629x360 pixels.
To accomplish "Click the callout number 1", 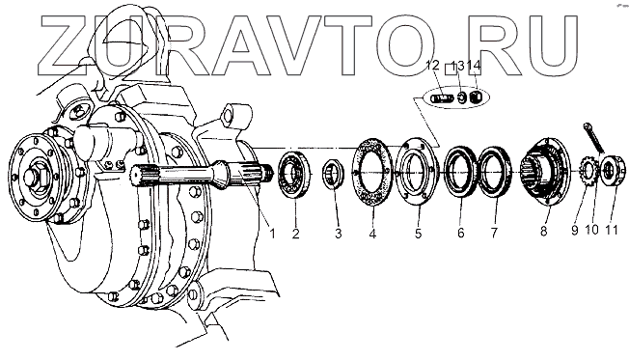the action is [x=272, y=233].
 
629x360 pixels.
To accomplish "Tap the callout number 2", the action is [x=295, y=233].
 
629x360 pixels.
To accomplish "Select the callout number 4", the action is [x=372, y=234].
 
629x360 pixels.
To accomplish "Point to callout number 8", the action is [x=543, y=232].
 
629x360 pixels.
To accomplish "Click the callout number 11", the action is [x=612, y=230].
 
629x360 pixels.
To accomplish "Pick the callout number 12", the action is [x=433, y=65].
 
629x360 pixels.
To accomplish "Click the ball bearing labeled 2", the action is [x=295, y=175].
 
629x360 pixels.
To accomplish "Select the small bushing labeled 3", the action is [x=334, y=173].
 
